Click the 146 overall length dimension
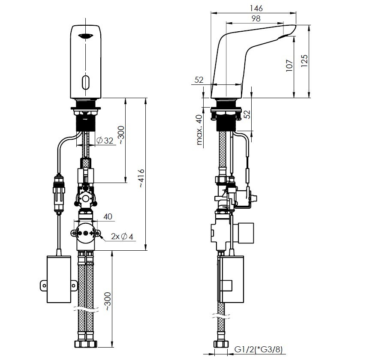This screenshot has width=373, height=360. [x=256, y=8]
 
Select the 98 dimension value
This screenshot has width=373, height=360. [x=256, y=18]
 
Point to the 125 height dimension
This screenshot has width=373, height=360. [x=304, y=61]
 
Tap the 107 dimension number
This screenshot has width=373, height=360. [x=289, y=66]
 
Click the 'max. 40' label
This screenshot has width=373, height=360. [x=199, y=129]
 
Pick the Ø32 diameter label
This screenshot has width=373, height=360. [x=105, y=141]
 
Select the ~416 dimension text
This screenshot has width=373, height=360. [x=142, y=179]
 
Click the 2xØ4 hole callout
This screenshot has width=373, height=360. [x=122, y=236]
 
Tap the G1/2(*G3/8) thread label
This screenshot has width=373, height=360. [x=259, y=350]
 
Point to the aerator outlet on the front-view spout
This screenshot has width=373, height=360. [x=86, y=36]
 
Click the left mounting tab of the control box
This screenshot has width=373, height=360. [x=43, y=285]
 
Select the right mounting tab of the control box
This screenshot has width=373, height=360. [x=74, y=285]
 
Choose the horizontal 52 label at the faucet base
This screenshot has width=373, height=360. [x=199, y=80]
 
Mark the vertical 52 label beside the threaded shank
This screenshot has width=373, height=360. [x=248, y=114]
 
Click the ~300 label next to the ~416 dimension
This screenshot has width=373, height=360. [x=121, y=135]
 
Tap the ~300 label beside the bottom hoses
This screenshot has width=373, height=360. [x=108, y=301]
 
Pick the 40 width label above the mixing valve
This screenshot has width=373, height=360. [x=108, y=216]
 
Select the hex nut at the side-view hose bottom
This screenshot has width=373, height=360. [x=221, y=344]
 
